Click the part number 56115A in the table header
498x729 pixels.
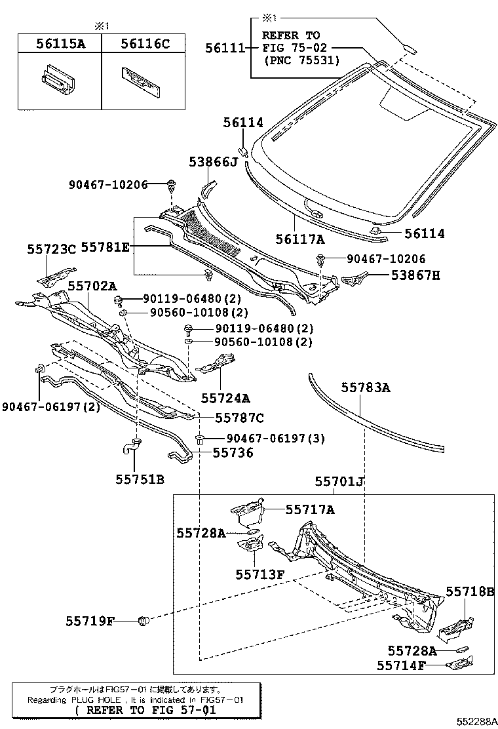[x=59, y=44]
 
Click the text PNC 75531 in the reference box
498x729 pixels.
[x=301, y=60]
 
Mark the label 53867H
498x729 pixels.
[x=416, y=275]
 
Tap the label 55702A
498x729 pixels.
[x=92, y=286]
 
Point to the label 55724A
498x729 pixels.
[x=225, y=397]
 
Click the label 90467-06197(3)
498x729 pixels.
[x=266, y=438]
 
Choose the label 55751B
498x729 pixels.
[x=140, y=479]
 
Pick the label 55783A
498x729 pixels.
[x=365, y=388]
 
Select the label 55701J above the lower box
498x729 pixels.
[x=339, y=482]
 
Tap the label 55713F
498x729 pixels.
[x=259, y=574]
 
